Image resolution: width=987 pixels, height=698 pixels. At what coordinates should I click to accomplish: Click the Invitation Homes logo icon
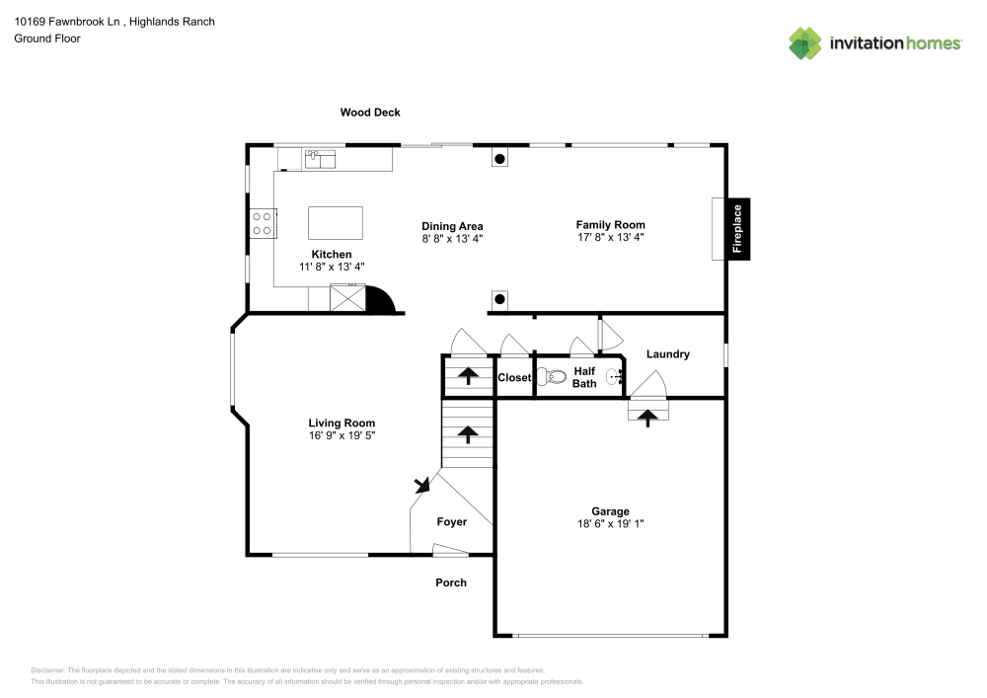click(804, 43)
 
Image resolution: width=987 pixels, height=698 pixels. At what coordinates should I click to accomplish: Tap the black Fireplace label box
click(736, 229)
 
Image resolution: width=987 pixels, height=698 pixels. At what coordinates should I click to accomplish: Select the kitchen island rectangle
click(335, 223)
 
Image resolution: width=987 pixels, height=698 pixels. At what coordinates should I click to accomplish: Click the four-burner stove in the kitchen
click(262, 223)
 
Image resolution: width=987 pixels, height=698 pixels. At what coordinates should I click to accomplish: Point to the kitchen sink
click(320, 157)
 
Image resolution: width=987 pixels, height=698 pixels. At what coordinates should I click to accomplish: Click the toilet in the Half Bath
click(552, 376)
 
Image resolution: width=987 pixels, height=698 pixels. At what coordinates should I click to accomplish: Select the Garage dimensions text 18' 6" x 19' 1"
click(610, 523)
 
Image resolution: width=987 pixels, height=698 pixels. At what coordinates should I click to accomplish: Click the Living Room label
click(342, 423)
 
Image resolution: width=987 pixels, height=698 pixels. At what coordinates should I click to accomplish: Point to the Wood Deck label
click(370, 113)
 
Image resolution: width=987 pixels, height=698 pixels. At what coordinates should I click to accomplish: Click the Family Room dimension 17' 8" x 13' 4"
click(610, 237)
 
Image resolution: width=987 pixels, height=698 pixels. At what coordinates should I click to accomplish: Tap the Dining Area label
click(452, 226)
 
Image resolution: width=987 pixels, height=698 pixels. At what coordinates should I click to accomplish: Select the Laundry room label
click(667, 354)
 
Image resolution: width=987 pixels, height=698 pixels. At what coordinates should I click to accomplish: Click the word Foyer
click(452, 521)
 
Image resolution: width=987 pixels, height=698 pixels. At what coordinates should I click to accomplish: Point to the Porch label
click(451, 582)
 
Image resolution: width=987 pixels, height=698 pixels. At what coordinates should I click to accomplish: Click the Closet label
click(514, 378)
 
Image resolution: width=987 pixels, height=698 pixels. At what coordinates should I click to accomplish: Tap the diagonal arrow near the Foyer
click(423, 484)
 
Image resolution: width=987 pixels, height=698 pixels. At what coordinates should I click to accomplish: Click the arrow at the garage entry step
click(647, 418)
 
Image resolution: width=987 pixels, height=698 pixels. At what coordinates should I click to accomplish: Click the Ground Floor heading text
click(47, 39)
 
